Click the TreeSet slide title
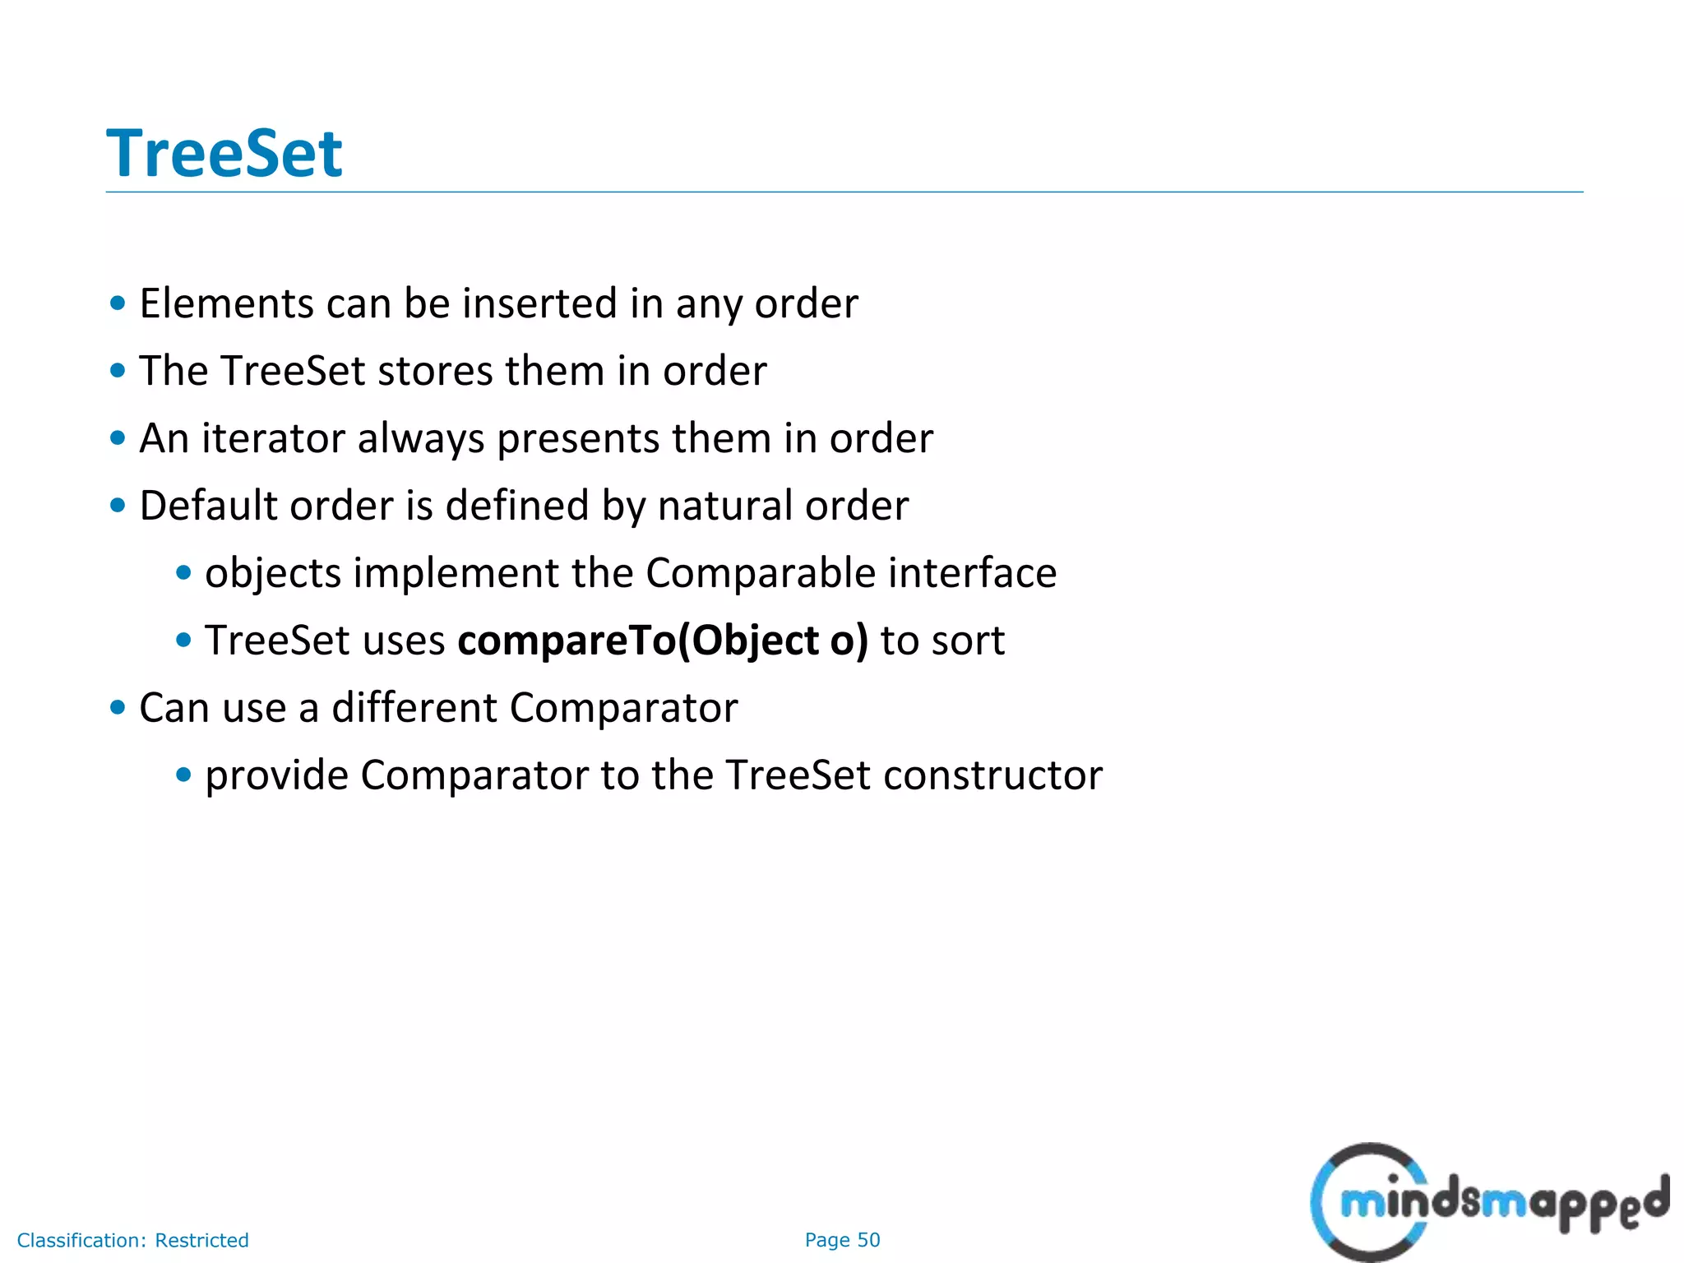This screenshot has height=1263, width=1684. (224, 154)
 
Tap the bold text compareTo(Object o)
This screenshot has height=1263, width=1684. (662, 641)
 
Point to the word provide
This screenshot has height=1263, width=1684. (276, 775)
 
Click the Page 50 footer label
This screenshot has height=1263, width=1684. (842, 1240)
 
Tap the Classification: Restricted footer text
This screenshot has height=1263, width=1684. (132, 1240)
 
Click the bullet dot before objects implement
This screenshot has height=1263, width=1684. (183, 572)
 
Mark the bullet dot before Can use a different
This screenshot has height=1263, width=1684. (118, 707)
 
